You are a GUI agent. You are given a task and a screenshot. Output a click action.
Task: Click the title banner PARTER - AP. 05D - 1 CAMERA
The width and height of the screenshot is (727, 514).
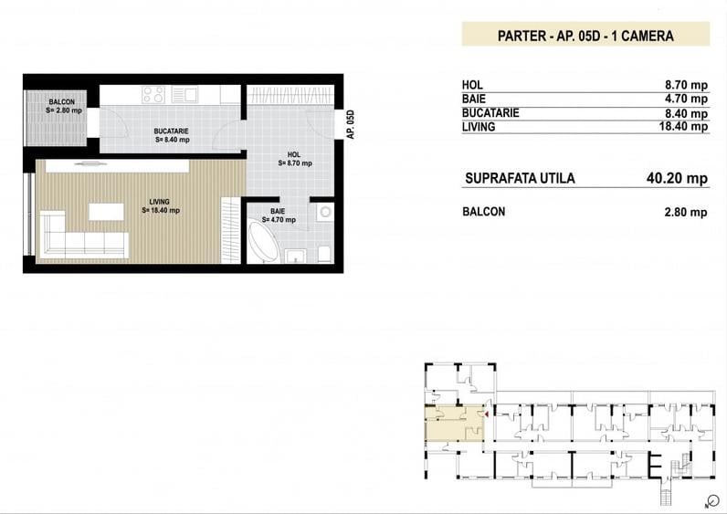(x=585, y=37)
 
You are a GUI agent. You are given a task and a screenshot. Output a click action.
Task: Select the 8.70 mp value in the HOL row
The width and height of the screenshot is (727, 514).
(x=686, y=86)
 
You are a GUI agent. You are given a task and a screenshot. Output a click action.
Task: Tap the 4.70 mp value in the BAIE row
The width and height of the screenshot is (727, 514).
(x=686, y=99)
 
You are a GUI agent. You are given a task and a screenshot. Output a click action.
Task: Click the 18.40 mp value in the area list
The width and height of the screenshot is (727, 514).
(x=683, y=127)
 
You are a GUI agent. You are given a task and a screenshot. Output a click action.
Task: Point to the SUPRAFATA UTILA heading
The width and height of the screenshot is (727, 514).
(x=520, y=178)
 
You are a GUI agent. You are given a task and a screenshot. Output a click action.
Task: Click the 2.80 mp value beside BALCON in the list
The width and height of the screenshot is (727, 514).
(x=686, y=212)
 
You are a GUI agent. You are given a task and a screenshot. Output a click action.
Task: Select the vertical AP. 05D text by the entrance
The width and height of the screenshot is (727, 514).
(x=350, y=123)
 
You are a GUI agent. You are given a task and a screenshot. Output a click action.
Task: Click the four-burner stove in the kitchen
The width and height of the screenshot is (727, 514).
(x=153, y=94)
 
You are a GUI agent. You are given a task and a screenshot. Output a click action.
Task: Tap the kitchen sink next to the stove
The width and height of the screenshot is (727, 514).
(x=184, y=93)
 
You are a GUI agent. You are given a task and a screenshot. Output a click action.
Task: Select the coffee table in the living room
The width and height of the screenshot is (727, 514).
(x=106, y=212)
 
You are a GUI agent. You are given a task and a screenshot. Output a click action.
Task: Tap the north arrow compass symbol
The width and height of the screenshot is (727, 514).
(x=711, y=500)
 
